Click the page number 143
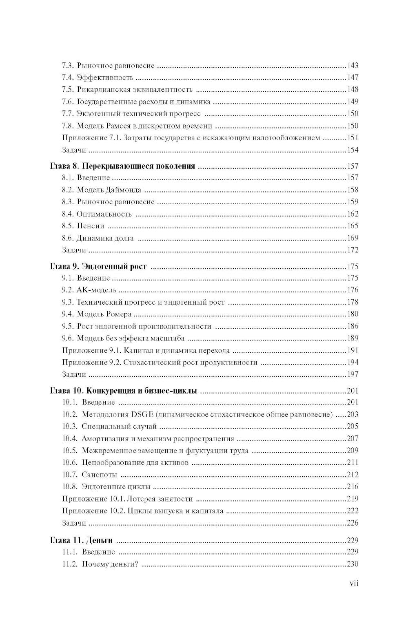352,65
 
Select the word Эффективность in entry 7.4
105,77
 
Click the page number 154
352,150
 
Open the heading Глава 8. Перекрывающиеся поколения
122,166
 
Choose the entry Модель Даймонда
109,190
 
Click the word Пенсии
91,226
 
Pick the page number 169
352,238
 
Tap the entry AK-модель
96,290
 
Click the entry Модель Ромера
104,314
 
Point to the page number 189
352,338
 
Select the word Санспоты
100,475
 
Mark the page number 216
352,486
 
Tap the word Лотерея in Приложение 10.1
141,499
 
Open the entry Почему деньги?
110,564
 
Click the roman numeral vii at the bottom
354,583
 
